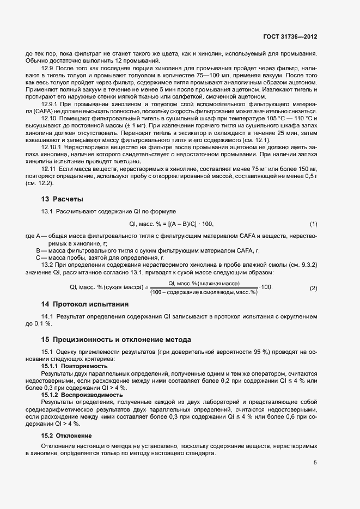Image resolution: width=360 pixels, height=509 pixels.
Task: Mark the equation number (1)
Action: (x=313, y=224)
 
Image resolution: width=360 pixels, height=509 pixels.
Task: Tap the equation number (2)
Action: (x=313, y=287)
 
